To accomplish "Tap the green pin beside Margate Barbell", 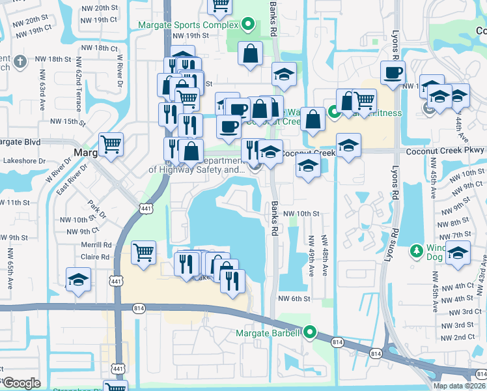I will click(311, 333).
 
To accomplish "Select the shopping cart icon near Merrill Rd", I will click(143, 252).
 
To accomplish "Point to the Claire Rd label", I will click(96, 257).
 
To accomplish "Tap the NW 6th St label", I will click(292, 298).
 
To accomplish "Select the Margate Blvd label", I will click(20, 141).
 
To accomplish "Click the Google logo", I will click(21, 383).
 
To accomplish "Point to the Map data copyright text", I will click(459, 386).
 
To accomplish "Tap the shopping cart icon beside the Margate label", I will click(111, 145).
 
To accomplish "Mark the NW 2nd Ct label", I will click(464, 337).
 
